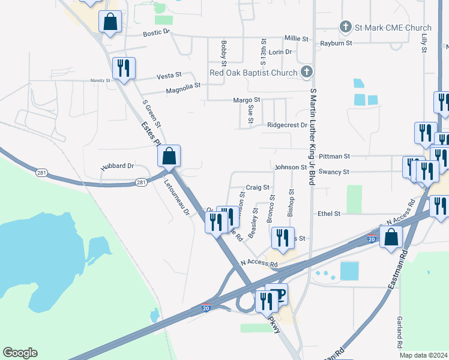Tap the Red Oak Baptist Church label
tap(253, 73)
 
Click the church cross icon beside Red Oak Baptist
tap(307, 73)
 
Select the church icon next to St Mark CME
tap(345, 27)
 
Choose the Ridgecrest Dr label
tap(287, 125)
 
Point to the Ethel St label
tap(329, 214)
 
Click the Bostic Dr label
tap(157, 32)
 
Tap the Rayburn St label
tap(336, 43)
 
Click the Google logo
tap(20, 353)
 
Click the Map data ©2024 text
tap(423, 355)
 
